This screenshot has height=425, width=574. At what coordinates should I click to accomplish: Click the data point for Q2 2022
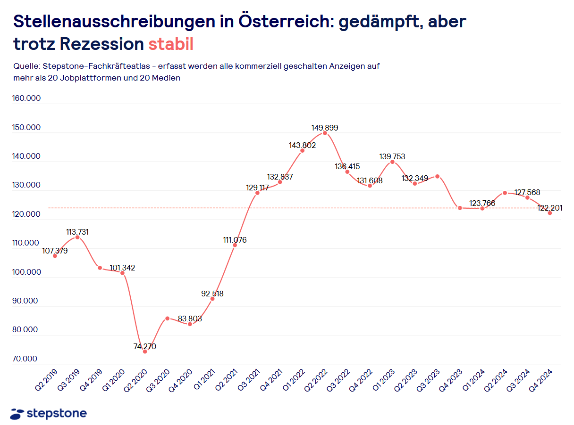coord(325,133)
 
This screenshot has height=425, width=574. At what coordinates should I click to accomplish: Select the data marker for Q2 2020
coord(145,351)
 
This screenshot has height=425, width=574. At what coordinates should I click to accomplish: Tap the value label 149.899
coord(325,128)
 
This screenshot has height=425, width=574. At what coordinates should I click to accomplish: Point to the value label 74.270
coord(144,346)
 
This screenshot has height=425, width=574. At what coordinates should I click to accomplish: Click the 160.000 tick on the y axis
coord(27,98)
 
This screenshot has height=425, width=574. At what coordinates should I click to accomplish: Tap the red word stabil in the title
coord(171,44)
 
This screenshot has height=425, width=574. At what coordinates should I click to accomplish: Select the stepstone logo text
coord(57,414)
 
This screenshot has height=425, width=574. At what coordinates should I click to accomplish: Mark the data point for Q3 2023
coord(437,176)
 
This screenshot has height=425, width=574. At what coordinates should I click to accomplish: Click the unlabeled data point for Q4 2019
coord(100,268)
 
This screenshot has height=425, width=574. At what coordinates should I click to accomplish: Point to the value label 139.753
coord(392,156)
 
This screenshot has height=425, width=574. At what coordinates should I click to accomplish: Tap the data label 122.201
coord(549,208)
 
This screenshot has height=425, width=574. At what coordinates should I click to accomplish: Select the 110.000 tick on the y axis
coord(27,243)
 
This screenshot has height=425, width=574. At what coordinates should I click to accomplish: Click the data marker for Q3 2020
coord(167,319)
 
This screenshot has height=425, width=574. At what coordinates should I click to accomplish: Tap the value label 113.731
coord(77,232)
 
